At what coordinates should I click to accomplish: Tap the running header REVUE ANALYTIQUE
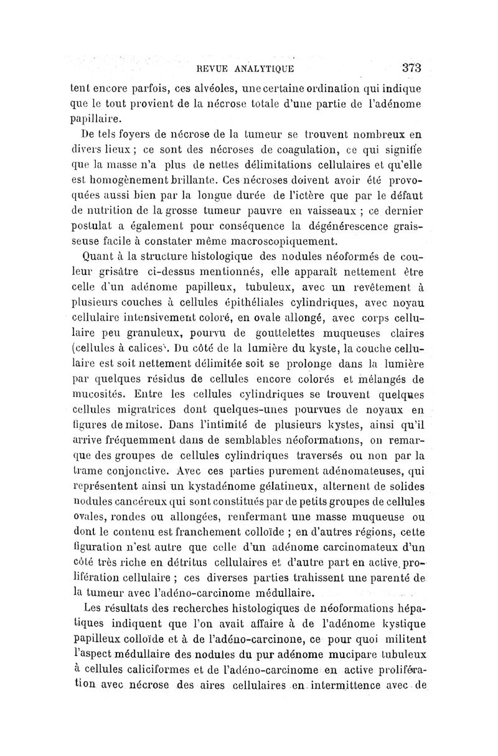coord(245,69)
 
